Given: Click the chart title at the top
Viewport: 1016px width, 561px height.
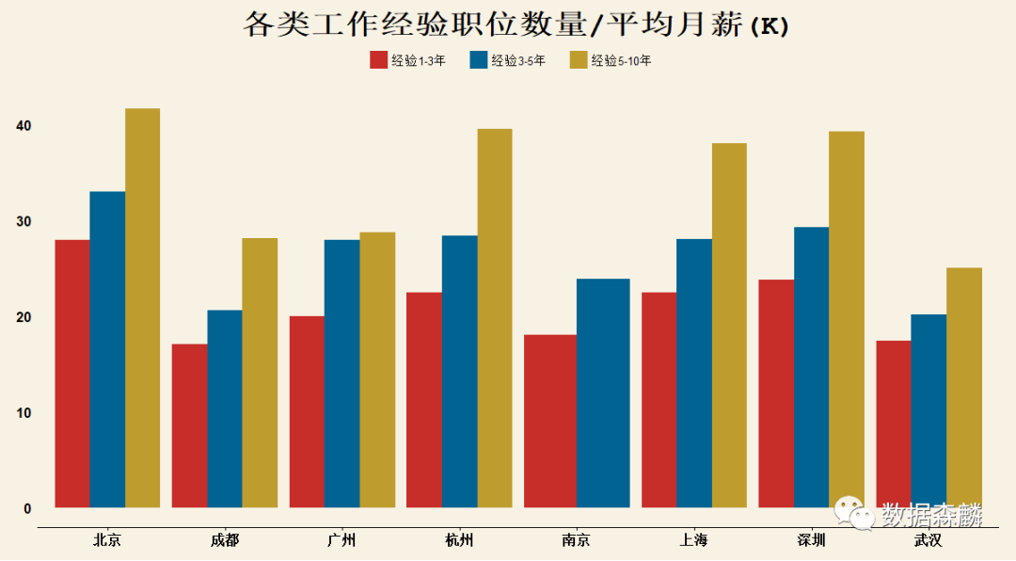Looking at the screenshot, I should (516, 25).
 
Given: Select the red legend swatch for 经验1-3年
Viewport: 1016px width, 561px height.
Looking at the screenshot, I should (378, 60).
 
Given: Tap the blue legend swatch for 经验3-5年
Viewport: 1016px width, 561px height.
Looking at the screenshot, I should (478, 60).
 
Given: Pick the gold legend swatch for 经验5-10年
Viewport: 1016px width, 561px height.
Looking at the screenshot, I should (579, 60).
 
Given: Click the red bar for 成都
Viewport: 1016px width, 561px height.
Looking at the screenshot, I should (189, 425).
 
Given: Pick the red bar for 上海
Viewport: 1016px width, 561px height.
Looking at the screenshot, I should (659, 400).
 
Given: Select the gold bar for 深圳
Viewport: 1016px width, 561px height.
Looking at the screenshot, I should (846, 319).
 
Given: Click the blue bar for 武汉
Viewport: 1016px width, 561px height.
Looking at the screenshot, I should (929, 410).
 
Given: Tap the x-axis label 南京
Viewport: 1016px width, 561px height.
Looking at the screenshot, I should (576, 540).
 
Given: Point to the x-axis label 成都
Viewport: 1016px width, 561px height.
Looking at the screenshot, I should (224, 540).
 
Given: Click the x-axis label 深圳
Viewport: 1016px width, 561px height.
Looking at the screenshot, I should (810, 540).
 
